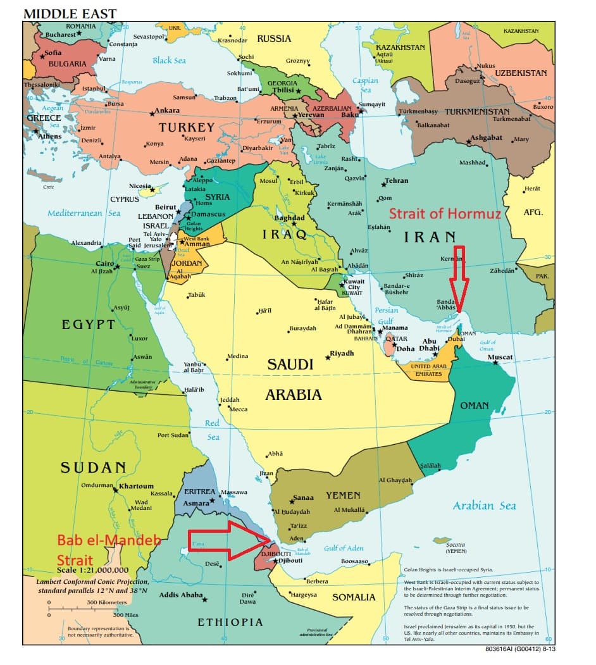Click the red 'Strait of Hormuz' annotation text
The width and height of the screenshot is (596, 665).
click(445, 214)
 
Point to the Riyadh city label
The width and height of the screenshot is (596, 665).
click(342, 353)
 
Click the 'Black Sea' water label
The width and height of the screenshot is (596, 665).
click(169, 61)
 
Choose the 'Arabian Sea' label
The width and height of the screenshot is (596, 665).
click(484, 505)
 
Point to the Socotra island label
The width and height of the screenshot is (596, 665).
click(456, 544)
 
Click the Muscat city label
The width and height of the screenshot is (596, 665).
click(500, 357)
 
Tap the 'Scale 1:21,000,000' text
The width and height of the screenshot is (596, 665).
click(92, 569)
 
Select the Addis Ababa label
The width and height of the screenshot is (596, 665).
click(180, 595)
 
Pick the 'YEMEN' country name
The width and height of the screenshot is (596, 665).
click(343, 495)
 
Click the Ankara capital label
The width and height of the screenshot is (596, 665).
click(167, 111)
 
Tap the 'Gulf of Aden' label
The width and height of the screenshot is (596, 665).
click(344, 548)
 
